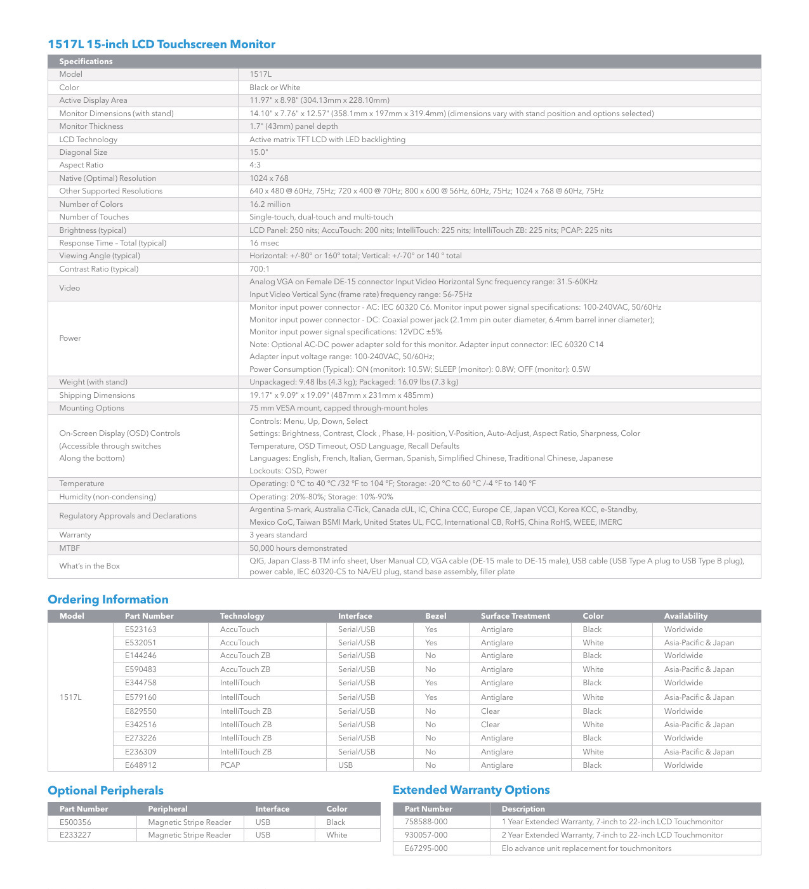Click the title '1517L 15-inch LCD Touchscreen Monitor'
pyautogui.click(x=162, y=44)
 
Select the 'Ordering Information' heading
pyautogui.click(x=108, y=600)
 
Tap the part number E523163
pyautogui.click(x=140, y=629)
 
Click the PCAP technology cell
pyautogui.click(x=230, y=765)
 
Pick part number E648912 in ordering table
pyautogui.click(x=140, y=765)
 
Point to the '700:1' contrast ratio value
pyautogui.click(x=260, y=269)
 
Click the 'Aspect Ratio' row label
pyautogui.click(x=81, y=165)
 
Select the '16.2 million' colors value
pyautogui.click(x=270, y=204)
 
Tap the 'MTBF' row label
pyautogui.click(x=69, y=548)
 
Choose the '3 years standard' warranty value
pyautogui.click(x=278, y=535)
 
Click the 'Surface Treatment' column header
pyautogui.click(x=515, y=616)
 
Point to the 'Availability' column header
pyautogui.click(x=685, y=616)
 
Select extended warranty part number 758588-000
pyautogui.click(x=426, y=822)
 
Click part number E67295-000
pyautogui.click(x=426, y=848)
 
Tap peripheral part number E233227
pyautogui.click(x=75, y=835)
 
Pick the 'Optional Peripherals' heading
pyautogui.click(x=105, y=791)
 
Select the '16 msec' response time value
pyautogui.click(x=264, y=243)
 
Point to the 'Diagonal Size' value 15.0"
pyautogui.click(x=258, y=152)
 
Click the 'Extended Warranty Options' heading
pyautogui.click(x=471, y=790)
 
